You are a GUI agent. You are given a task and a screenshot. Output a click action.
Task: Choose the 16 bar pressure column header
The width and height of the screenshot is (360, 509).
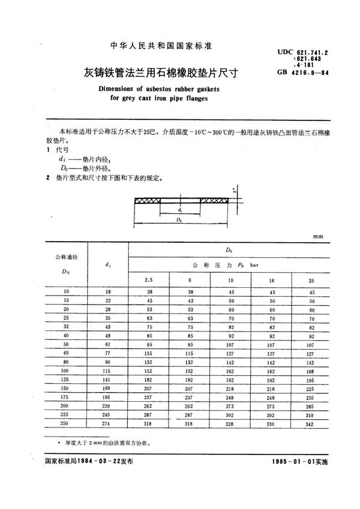(271, 279)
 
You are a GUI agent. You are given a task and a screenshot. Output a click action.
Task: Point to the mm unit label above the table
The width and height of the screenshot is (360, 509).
(317, 237)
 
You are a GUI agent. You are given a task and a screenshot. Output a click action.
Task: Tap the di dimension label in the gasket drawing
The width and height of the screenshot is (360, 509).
(180, 210)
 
